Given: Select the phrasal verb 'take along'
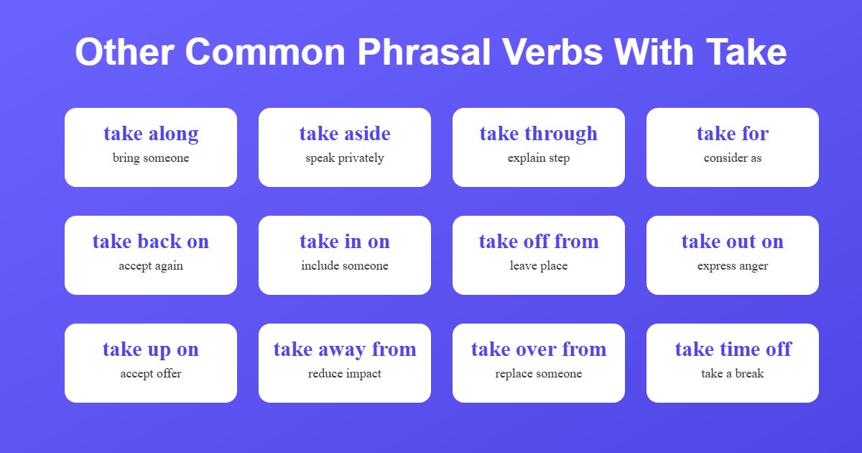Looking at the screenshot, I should tap(151, 134).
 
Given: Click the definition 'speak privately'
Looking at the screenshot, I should tap(345, 158).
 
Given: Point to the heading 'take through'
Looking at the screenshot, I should tap(539, 134).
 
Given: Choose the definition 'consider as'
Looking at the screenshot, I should tap(733, 158).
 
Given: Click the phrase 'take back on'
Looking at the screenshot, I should tap(151, 242).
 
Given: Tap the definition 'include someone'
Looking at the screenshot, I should tap(345, 266).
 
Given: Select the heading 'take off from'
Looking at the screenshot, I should tap(539, 242).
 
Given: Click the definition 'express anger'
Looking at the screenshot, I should tap(733, 266).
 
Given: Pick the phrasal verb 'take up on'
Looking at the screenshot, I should tap(151, 349).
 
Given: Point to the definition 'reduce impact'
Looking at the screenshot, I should tap(345, 374).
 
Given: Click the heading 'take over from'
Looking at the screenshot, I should tap(539, 349).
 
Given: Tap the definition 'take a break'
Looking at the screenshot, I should tap(733, 374).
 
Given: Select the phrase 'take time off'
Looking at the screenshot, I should tap(733, 349).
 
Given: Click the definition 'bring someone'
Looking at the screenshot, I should tap(151, 158).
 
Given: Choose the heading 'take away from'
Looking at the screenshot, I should tap(345, 349).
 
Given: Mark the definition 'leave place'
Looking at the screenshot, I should tap(539, 266).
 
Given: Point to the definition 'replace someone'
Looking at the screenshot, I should tap(539, 374).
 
